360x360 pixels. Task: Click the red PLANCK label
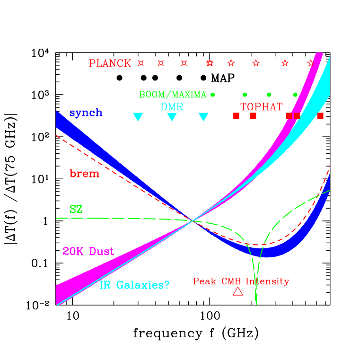(110, 63)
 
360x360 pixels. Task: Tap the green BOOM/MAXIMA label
(173, 95)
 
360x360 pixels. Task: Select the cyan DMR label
(172, 107)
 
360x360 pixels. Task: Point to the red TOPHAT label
(261, 107)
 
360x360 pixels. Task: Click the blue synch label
(86, 113)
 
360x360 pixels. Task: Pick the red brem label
(84, 174)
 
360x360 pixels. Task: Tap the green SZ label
(76, 210)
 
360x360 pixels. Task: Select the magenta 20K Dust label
(88, 252)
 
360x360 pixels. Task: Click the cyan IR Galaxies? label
(135, 285)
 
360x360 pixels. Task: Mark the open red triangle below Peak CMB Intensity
(238, 292)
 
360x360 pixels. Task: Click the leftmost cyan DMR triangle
(138, 117)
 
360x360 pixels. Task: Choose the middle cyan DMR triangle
(172, 117)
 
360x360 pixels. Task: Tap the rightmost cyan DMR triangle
(203, 117)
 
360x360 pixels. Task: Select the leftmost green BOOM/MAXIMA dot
(213, 95)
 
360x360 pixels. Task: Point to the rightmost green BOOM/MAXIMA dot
(295, 95)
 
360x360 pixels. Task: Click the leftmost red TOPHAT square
(236, 115)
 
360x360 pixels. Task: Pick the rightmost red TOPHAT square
(320, 115)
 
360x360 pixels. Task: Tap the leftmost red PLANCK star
(140, 62)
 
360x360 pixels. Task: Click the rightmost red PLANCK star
(310, 62)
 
